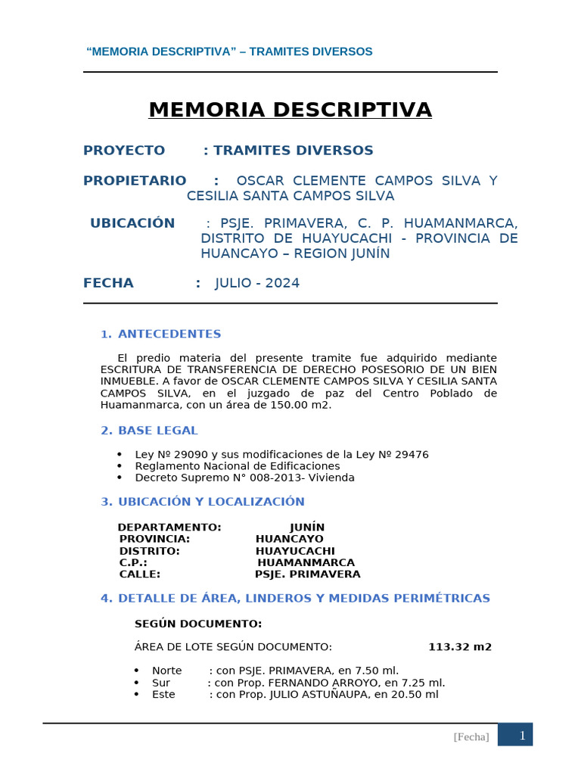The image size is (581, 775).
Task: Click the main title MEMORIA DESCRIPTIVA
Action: coord(290,110)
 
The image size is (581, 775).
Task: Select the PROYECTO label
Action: coord(124,151)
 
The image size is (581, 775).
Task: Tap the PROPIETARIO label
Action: coord(135,180)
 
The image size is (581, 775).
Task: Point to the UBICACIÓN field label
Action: coord(132,223)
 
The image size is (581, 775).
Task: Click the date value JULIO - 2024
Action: coord(257,283)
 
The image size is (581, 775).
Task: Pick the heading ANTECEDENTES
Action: coord(169,334)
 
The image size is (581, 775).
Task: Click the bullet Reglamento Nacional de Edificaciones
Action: coord(238,466)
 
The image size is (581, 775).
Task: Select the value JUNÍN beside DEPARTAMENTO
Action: coord(307,528)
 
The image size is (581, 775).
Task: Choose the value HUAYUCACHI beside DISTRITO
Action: coord(295,551)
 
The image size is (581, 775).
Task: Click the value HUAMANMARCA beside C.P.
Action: coord(306,563)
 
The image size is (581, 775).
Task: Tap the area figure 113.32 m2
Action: coord(460,647)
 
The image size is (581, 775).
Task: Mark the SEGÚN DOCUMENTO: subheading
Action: coord(198,624)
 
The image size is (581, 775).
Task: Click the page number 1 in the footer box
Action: coord(522,735)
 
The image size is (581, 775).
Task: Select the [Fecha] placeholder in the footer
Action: coord(471,737)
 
